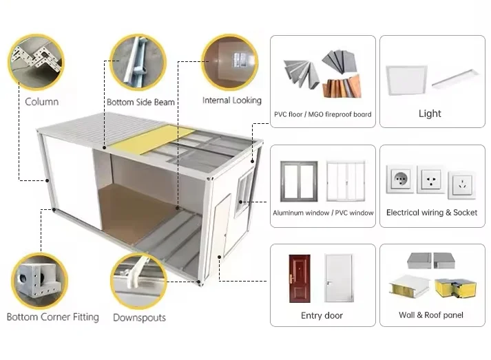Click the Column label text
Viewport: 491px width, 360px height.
click(x=41, y=102)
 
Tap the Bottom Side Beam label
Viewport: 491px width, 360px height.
click(x=140, y=102)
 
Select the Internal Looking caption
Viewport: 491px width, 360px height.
click(x=231, y=100)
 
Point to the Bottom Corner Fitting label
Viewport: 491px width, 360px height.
click(x=52, y=317)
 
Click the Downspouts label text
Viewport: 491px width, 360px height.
click(x=139, y=317)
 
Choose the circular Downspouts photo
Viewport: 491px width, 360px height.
click(x=140, y=280)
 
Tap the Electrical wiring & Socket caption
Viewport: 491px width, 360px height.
click(x=432, y=213)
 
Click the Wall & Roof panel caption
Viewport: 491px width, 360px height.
click(x=431, y=315)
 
